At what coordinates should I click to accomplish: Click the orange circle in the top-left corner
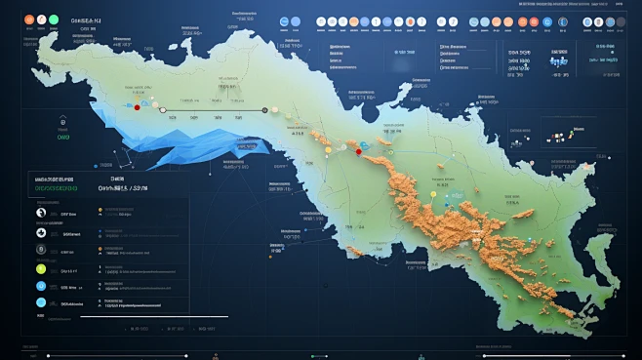pos(29,20)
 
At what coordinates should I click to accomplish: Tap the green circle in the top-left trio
pos(58,20)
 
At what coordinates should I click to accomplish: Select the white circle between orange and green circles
pos(43,20)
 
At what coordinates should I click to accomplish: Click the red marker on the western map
pos(137,107)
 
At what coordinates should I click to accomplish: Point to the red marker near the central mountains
pos(358,151)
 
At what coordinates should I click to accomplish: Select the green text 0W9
pos(63,138)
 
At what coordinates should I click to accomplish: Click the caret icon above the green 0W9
pos(63,122)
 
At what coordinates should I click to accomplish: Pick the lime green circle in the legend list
pos(41,268)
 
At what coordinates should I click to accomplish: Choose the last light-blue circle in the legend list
pos(41,303)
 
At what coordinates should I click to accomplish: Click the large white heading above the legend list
pos(123,189)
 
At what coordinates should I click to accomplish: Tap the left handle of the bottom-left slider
pos(49,354)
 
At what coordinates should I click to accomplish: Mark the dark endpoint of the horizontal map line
pos(265,110)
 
